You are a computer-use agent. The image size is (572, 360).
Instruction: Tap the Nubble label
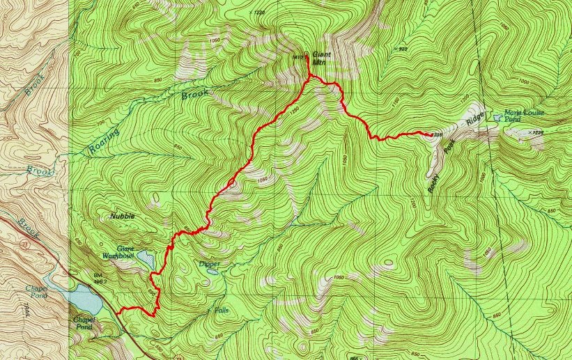coord(121,217)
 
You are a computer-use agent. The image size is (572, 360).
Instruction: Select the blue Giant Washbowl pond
coord(146,260)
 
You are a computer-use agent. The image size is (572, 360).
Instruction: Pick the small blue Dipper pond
coord(212,271)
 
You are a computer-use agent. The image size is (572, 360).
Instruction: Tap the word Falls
coord(221,310)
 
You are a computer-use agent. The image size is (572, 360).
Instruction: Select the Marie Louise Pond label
coord(524,116)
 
